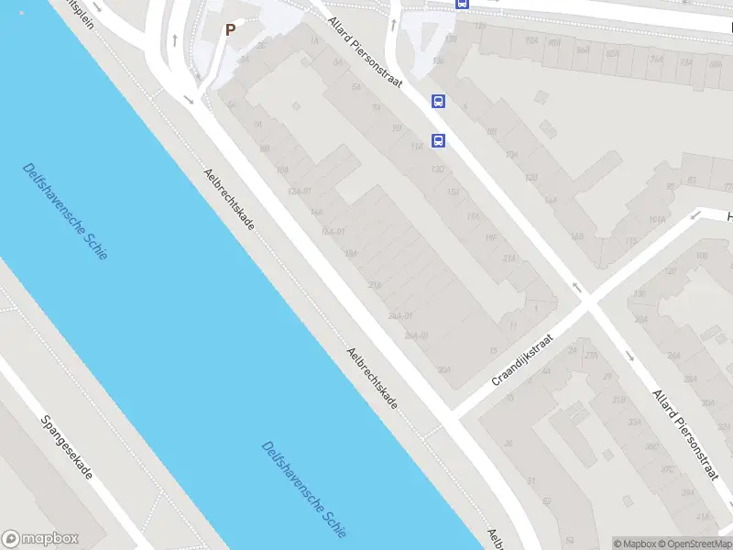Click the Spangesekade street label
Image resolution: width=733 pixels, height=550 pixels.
pos(67,446)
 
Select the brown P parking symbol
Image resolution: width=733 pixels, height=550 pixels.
pos(231,29)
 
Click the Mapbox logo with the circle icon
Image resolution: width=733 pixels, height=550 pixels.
pos(40,539)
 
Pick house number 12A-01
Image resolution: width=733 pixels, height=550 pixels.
pos(300,191)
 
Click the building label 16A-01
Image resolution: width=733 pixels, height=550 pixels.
pos(333,231)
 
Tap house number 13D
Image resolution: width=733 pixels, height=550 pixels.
pos(438,170)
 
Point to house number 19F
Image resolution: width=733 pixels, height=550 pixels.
pos(490,237)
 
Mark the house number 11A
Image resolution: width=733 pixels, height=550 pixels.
pos(417,146)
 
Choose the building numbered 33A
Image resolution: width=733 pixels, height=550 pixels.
pos(634,422)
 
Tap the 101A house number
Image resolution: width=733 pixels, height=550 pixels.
pos(656,220)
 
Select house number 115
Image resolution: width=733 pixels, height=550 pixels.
pos(630,241)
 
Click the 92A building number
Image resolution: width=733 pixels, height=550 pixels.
pos(531,41)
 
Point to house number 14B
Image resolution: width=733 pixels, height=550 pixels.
pos(576,236)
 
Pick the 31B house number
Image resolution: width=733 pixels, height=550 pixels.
pos(618,400)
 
